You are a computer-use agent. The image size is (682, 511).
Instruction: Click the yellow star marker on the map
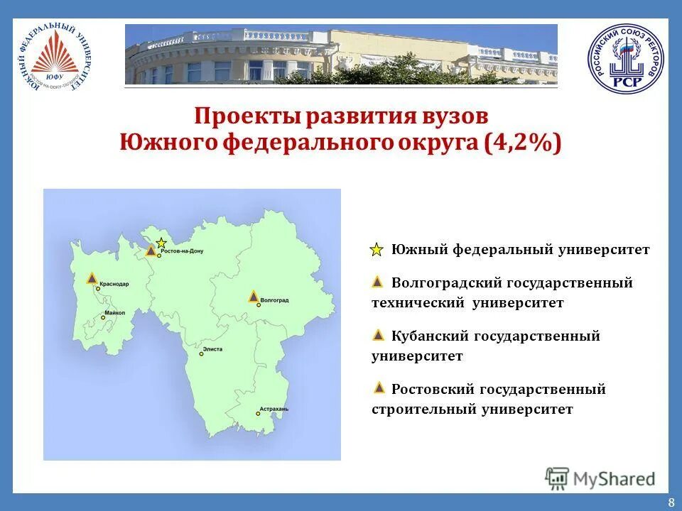(x=162, y=243)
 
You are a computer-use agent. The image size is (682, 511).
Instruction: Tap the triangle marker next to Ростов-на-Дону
(x=151, y=251)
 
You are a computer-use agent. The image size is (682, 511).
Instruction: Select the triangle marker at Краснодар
(x=92, y=278)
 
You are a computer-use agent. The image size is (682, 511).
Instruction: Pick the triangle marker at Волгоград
(x=253, y=297)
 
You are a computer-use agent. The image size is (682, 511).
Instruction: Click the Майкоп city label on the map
(x=114, y=312)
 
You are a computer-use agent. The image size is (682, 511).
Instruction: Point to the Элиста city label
(x=212, y=349)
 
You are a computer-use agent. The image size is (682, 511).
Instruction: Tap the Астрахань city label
(x=274, y=410)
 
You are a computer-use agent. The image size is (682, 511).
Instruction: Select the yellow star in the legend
(x=377, y=250)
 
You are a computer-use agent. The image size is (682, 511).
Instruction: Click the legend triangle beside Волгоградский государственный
(x=378, y=282)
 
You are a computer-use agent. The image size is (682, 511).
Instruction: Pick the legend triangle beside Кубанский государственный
(x=378, y=335)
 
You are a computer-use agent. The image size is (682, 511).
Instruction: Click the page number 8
(x=671, y=502)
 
